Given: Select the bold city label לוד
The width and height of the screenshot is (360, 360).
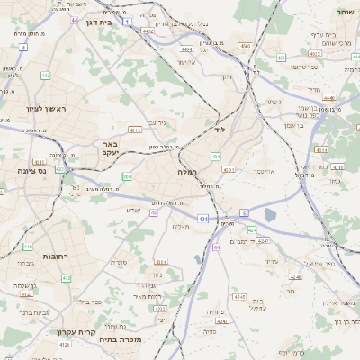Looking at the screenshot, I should (219, 130).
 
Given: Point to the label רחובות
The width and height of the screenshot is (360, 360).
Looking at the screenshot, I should (56, 256).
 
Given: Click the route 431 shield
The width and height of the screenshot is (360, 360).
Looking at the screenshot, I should (203, 219).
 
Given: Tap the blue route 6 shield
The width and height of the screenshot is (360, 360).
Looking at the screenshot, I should (244, 211).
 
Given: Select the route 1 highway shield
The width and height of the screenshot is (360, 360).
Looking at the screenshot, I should (128, 20).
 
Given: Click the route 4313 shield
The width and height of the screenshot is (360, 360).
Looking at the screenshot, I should (135, 130).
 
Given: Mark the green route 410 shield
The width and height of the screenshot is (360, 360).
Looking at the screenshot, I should (28, 246).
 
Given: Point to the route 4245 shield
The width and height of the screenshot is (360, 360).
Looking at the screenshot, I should (238, 295).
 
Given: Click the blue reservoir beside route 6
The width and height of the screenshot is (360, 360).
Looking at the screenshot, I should (270, 215).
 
